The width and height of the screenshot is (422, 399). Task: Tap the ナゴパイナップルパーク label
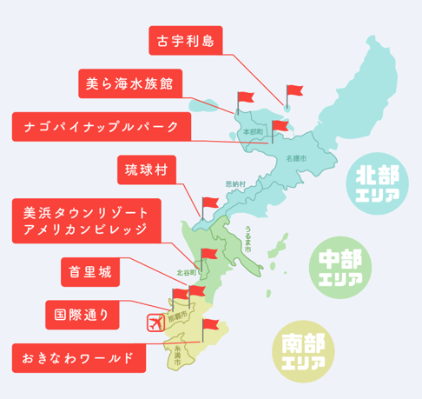[x=100, y=127]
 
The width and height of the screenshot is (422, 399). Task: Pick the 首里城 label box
[x=90, y=272]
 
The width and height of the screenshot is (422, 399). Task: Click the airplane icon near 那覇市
[x=157, y=323]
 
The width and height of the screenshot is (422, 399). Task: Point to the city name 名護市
[x=296, y=159]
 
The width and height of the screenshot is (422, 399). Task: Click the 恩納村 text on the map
[x=235, y=185]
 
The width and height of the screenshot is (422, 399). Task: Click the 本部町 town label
[x=253, y=131]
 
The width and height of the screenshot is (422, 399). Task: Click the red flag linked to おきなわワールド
[x=208, y=326]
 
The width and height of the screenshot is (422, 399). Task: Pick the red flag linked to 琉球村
[x=208, y=203]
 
